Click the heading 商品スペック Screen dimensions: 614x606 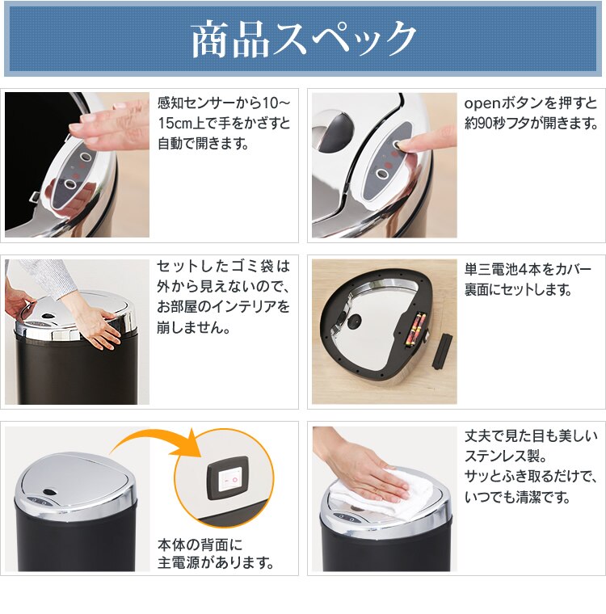303,40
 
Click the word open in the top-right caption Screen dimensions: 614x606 483,103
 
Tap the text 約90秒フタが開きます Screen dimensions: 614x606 531,124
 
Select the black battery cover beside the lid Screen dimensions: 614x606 440,347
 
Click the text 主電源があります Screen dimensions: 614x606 215,562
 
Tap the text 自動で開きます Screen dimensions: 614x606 202,144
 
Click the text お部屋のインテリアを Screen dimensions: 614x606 223,308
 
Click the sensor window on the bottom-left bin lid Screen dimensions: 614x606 48,492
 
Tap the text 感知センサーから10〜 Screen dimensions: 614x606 224,103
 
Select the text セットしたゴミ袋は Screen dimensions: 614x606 223,267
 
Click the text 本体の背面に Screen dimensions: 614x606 200,543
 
